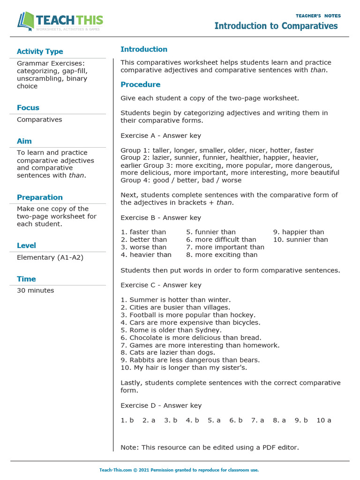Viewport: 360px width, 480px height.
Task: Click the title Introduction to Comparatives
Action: (x=276, y=26)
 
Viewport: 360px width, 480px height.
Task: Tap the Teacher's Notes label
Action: (x=318, y=16)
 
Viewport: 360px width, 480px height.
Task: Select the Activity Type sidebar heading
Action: (x=40, y=52)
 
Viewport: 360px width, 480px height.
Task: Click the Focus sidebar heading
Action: (x=28, y=107)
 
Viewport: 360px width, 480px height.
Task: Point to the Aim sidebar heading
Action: (x=24, y=141)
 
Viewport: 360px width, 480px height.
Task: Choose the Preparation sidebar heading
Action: (x=40, y=197)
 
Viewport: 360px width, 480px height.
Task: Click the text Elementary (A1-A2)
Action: (x=50, y=257)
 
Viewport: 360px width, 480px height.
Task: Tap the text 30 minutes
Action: (x=36, y=290)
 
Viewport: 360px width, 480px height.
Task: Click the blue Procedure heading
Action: (x=140, y=84)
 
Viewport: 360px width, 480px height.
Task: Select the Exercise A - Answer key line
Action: (x=161, y=135)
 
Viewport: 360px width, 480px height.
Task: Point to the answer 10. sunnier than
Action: (x=300, y=240)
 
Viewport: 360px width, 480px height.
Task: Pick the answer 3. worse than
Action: (x=143, y=247)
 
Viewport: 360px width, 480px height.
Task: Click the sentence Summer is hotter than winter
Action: (x=176, y=300)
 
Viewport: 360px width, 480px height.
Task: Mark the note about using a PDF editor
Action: (x=210, y=447)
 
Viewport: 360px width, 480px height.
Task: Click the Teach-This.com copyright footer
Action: (x=179, y=470)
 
